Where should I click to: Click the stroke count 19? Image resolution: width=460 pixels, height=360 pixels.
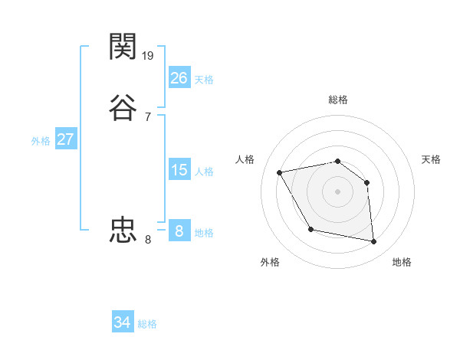pos(149,55)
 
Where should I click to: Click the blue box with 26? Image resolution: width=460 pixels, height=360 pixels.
pos(179,77)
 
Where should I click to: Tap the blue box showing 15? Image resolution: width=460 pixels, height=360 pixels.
pos(179,169)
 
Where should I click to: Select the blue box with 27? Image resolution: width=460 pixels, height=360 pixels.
pos(66,139)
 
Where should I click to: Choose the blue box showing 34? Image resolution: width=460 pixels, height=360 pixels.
pos(123,322)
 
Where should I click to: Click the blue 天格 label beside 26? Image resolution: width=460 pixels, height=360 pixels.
pos(204,79)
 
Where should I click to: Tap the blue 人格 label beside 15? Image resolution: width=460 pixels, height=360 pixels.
pos(204,172)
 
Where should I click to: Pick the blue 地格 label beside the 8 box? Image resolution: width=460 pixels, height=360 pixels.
pos(204,233)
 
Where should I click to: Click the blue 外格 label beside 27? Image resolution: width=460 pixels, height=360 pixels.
pos(41,141)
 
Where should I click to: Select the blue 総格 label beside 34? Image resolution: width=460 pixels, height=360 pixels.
pos(147,325)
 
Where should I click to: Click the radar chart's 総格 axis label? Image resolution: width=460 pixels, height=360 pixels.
pos(338,100)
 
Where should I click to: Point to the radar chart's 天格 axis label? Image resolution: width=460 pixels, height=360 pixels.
pos(431,159)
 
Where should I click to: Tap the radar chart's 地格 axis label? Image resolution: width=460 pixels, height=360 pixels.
pos(402,262)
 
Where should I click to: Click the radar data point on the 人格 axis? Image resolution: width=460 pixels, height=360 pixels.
pos(280,172)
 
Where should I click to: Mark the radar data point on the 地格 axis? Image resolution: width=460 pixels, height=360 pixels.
pos(374,242)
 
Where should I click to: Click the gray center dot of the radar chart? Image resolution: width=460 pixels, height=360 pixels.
pos(338,191)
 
